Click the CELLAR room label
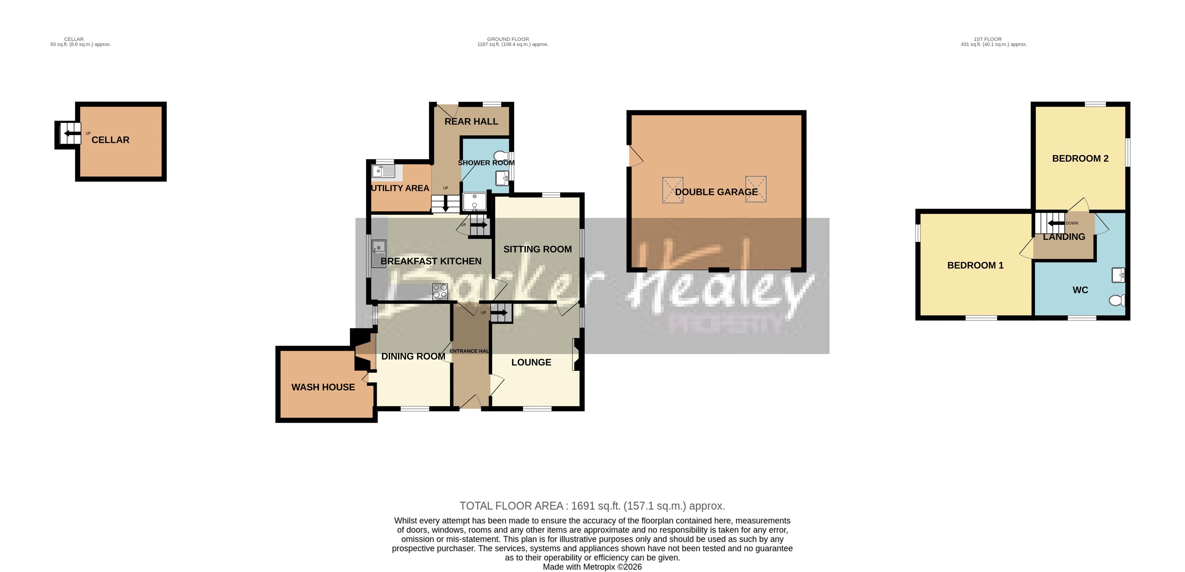click(x=110, y=140)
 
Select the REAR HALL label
click(x=471, y=121)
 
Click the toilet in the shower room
click(x=500, y=155)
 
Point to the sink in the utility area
click(x=383, y=172)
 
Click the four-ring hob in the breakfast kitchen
click(x=440, y=291)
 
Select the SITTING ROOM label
click(x=537, y=249)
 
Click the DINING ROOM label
click(x=413, y=356)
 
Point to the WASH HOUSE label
click(x=323, y=387)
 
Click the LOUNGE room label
click(x=531, y=362)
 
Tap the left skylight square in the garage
click(x=672, y=190)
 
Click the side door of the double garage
click(x=635, y=156)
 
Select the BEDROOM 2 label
click(x=1080, y=159)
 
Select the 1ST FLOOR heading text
click(x=987, y=39)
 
